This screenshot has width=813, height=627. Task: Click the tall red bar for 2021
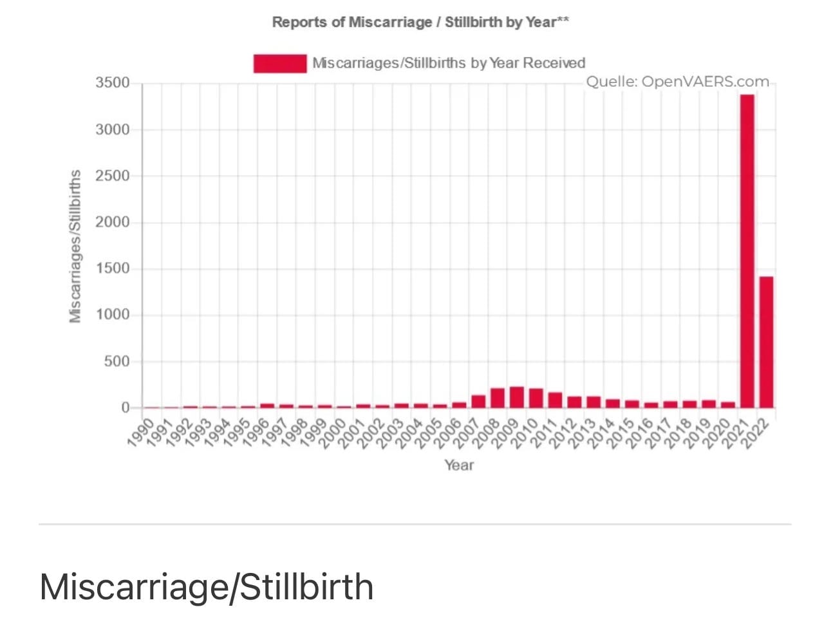pos(747,250)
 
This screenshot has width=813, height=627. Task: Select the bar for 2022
pos(766,342)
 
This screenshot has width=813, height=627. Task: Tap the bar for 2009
pos(517,397)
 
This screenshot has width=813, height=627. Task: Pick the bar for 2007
pos(478,401)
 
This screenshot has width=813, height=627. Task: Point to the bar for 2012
pos(574,402)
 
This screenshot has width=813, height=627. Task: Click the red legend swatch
pos(280,63)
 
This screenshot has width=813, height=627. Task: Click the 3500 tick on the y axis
pos(113,82)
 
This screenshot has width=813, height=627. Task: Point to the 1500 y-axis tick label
pos(113,268)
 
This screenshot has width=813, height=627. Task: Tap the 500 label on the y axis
pos(117,361)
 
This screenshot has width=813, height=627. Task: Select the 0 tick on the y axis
pos(126,407)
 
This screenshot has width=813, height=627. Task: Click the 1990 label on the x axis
pos(141,433)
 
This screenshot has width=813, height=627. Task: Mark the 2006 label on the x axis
pos(448,433)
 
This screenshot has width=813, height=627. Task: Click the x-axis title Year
pos(459,465)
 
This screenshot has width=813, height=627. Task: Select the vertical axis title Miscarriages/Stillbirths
pos(75,246)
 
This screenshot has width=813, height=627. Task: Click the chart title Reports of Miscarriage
pos(352,22)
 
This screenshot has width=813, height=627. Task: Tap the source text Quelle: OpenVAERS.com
pos(678,82)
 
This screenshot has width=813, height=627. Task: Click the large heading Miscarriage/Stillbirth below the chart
pos(206,587)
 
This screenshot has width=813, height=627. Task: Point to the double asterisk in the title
pos(563,19)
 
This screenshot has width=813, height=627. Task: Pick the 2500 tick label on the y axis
pos(113,176)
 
